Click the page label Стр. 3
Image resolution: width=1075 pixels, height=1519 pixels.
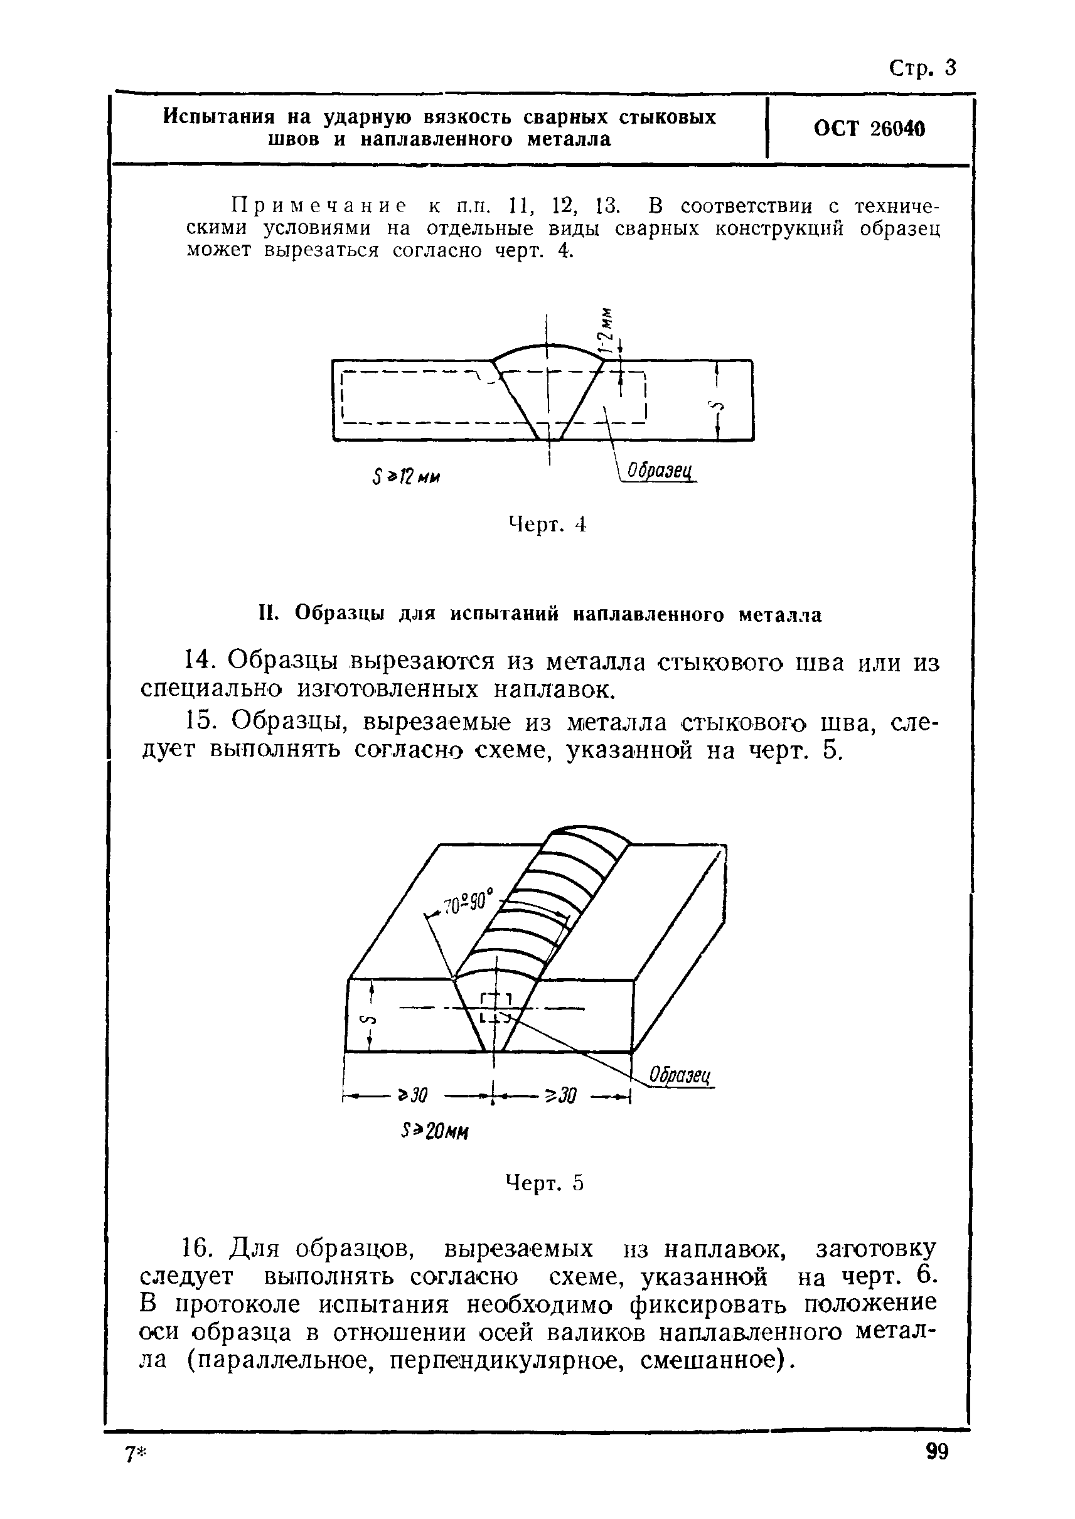pos(922,68)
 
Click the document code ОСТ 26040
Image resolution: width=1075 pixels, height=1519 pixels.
pos(869,129)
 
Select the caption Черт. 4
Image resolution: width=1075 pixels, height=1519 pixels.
pos(547,525)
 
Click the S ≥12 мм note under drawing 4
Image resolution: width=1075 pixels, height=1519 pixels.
pos(407,477)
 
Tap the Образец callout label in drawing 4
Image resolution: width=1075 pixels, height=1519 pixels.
pos(659,471)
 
